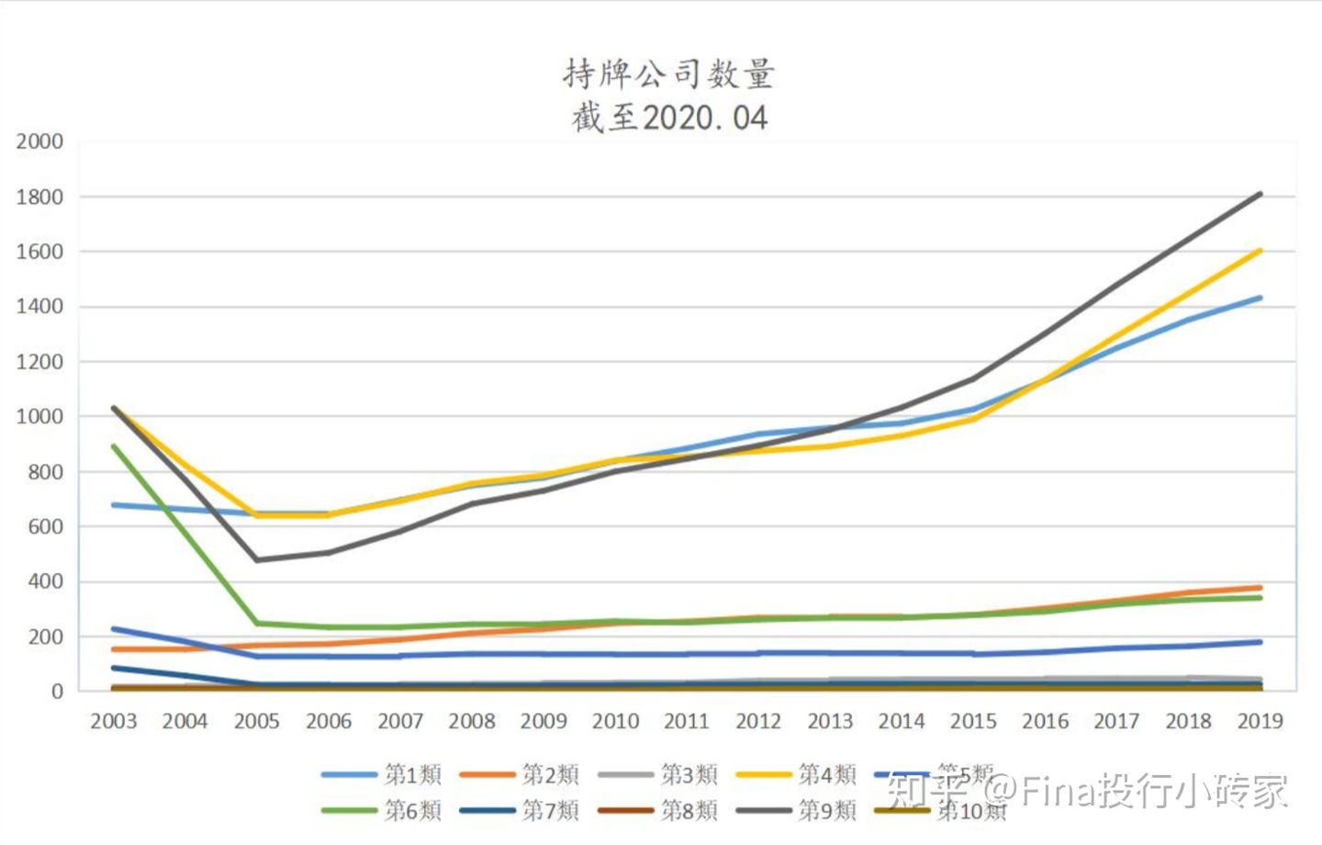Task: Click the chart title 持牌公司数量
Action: pyautogui.click(x=668, y=73)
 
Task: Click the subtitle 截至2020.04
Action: pyautogui.click(x=668, y=118)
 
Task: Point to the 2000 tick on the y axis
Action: pyautogui.click(x=39, y=141)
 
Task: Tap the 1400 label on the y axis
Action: pyautogui.click(x=39, y=307)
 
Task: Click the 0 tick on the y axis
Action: pyautogui.click(x=57, y=691)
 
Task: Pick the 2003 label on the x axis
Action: pyautogui.click(x=113, y=721)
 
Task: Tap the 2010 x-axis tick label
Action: pyautogui.click(x=615, y=721)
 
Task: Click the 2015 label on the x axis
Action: pyautogui.click(x=973, y=721)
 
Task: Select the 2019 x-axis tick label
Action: pyautogui.click(x=1260, y=721)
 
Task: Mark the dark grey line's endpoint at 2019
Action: pyautogui.click(x=1260, y=194)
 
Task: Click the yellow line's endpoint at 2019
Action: pyautogui.click(x=1260, y=250)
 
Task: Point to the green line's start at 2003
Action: pyautogui.click(x=113, y=446)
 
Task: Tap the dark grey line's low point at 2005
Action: pyautogui.click(x=256, y=559)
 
